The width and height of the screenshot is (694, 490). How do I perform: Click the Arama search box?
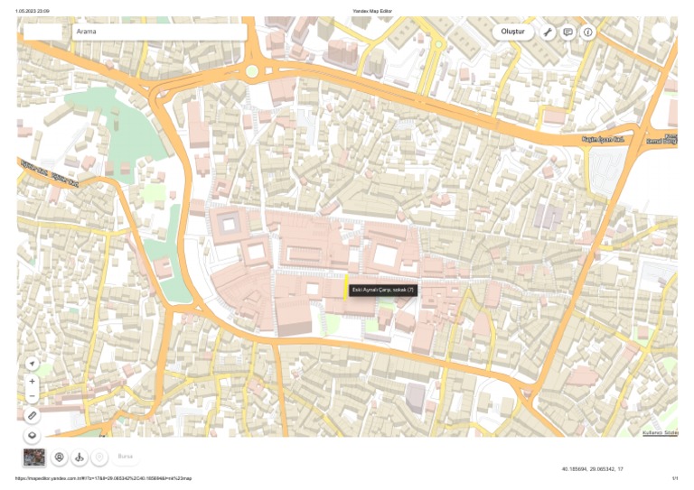coord(158,32)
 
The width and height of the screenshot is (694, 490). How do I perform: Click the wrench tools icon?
coord(548,32)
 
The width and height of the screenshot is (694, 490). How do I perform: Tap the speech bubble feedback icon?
coord(567,32)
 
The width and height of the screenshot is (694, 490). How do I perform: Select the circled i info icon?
coord(588,32)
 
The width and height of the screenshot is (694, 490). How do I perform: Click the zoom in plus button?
coord(33,382)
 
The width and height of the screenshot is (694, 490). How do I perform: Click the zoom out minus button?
coord(33,396)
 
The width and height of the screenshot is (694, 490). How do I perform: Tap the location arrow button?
coord(33,363)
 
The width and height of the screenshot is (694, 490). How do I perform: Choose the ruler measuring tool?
coord(33,416)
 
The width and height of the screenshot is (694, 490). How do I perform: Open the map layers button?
coord(33,435)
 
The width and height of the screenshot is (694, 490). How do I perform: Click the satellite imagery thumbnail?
coord(34,458)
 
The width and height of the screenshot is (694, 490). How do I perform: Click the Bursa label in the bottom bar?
coord(126,458)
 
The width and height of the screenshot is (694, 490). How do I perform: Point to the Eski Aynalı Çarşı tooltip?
coord(383,290)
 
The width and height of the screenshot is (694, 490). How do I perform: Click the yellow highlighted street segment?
coord(348,285)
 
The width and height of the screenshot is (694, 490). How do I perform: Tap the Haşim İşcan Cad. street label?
coord(604,140)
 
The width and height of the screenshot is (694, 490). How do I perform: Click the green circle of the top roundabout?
coord(252,70)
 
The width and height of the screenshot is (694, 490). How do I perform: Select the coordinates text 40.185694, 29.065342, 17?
coord(592,469)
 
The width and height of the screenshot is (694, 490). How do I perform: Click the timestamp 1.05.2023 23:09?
coord(33,11)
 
